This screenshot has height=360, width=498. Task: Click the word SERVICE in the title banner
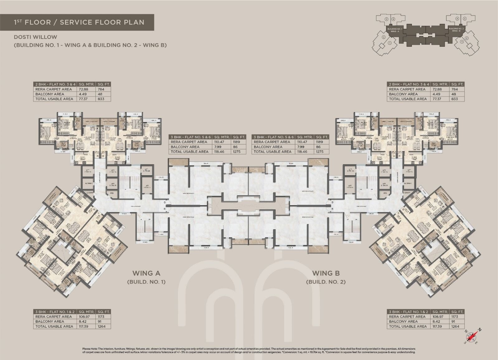75,22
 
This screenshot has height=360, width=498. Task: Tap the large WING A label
146,273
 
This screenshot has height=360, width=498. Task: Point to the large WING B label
326,273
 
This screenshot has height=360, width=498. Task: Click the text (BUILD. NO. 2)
326,282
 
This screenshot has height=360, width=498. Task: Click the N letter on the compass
480,329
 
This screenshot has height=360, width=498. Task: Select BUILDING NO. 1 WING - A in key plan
395,30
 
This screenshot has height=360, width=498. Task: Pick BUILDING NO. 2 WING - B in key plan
456,30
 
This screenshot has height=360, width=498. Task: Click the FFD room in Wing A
111,193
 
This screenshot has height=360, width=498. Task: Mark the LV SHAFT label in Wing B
407,193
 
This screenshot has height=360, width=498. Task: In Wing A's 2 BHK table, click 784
101,89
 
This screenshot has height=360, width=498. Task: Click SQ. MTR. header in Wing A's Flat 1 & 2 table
86,312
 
